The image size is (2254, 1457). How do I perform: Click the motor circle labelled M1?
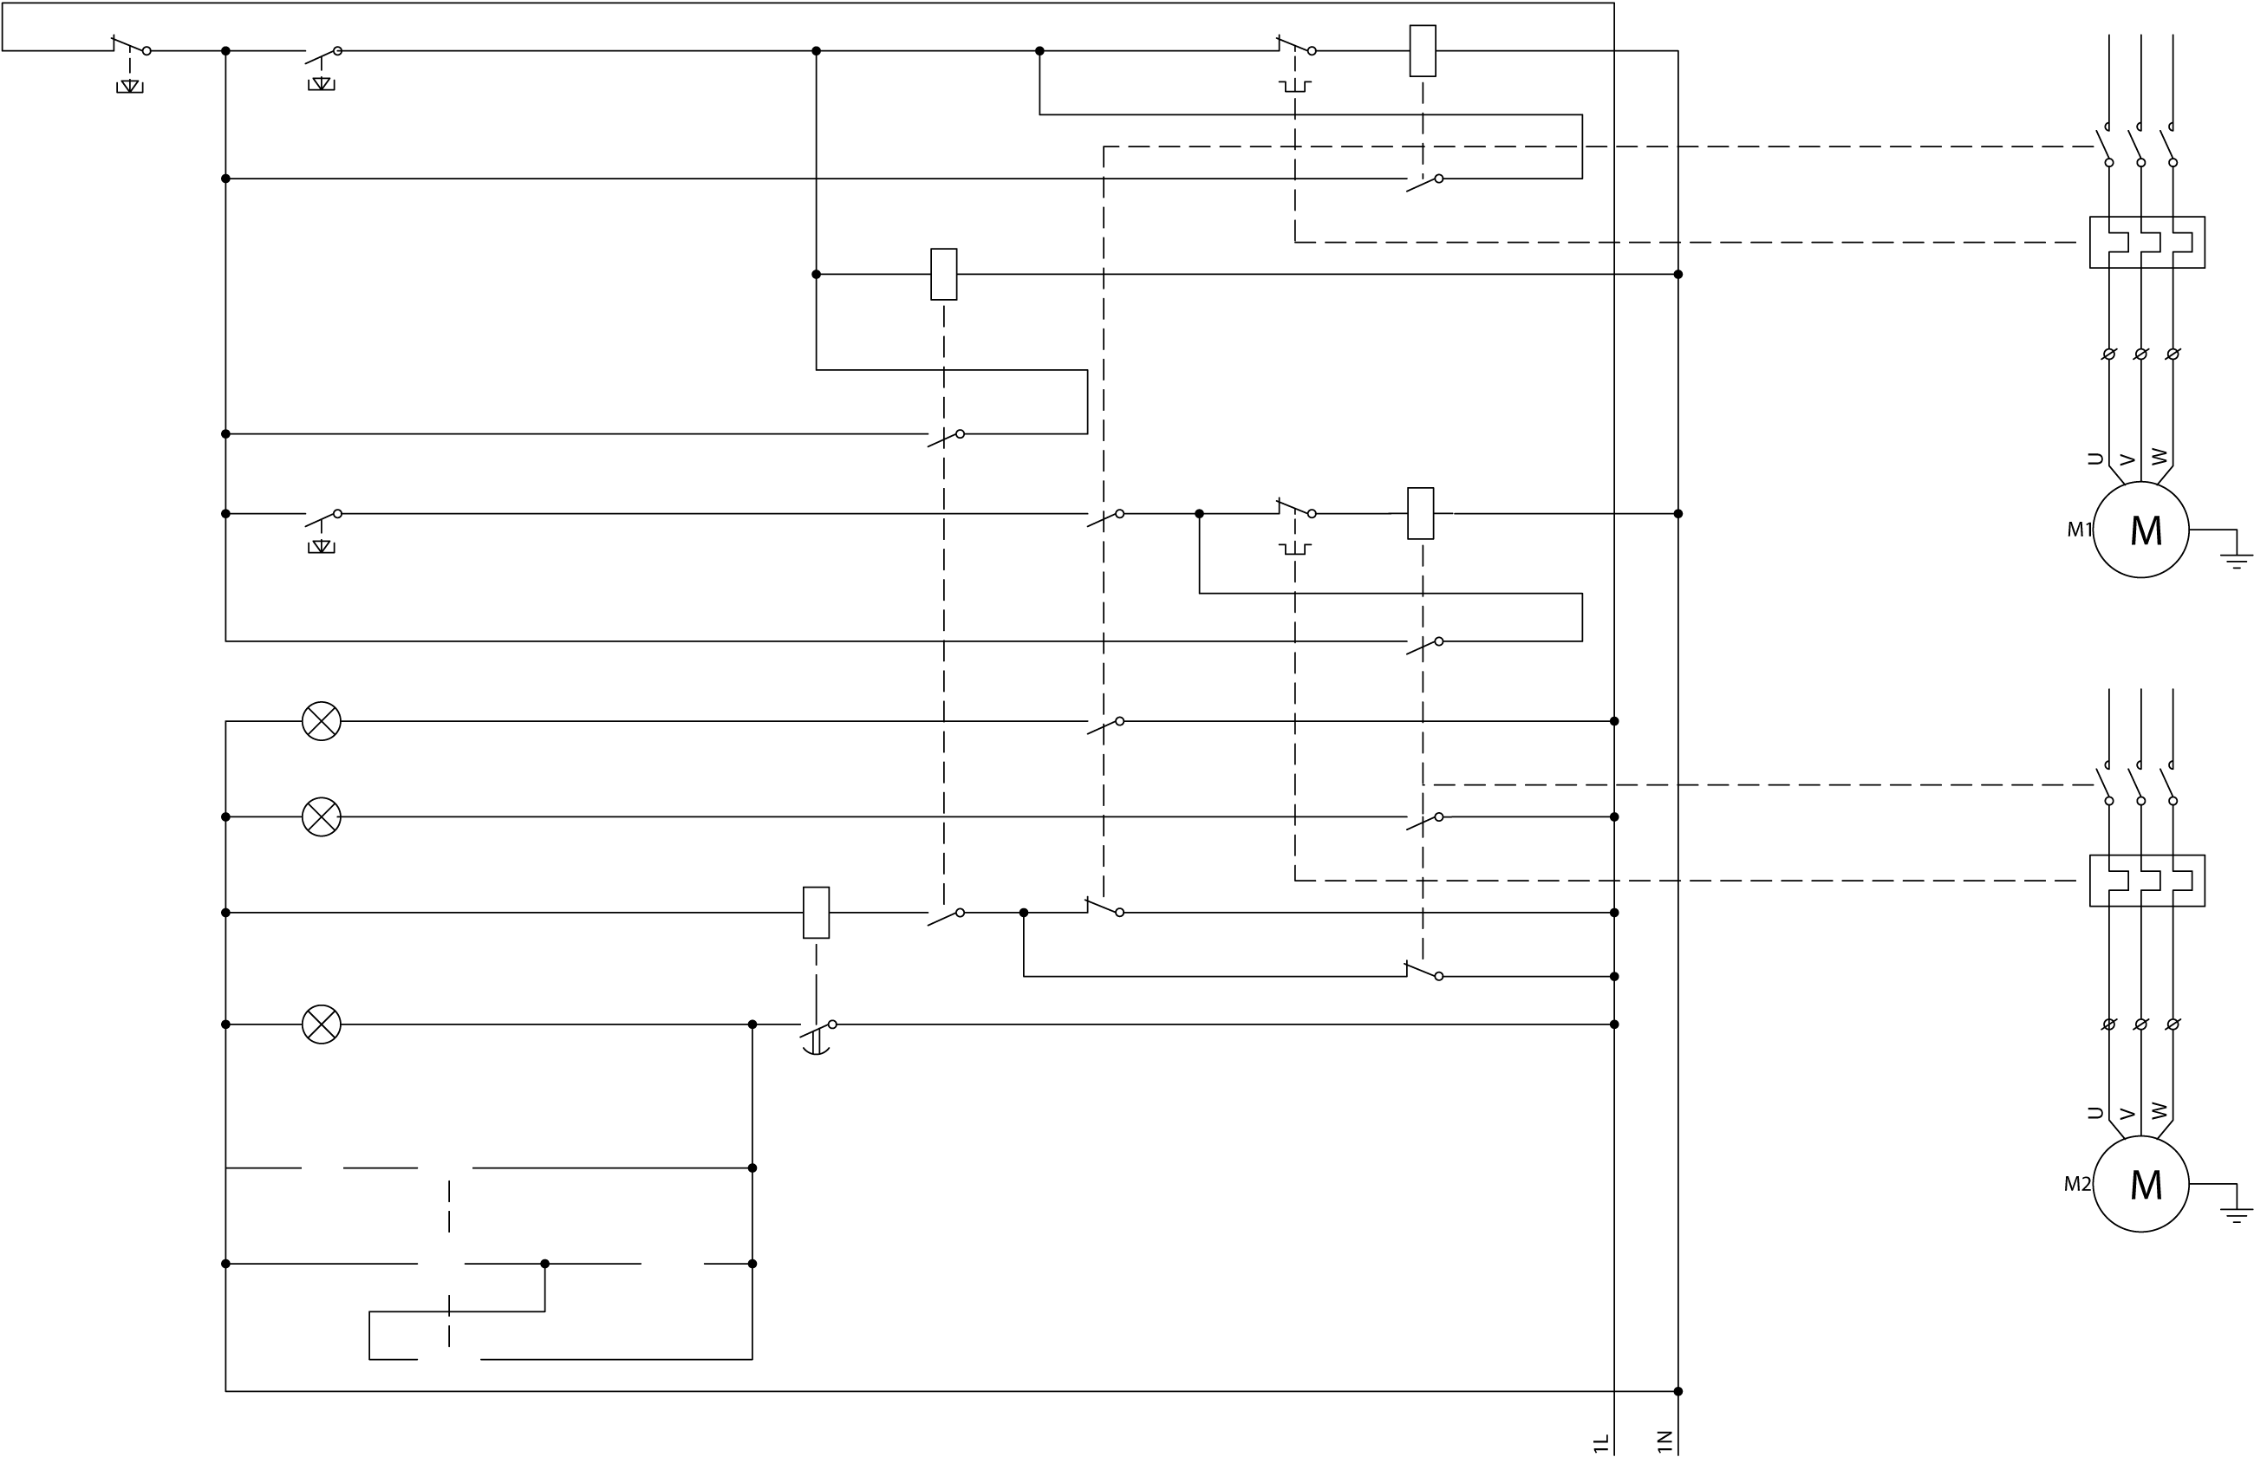(2140, 530)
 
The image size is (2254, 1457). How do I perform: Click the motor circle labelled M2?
(2140, 1184)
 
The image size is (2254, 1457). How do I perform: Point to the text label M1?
(2079, 530)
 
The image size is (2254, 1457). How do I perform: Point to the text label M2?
(2077, 1184)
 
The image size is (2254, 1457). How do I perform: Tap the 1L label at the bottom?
(1600, 1443)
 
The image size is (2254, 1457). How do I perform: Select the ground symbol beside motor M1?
(2237, 559)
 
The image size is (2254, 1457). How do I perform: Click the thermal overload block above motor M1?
(2147, 242)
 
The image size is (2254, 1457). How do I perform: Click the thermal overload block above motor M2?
(2147, 881)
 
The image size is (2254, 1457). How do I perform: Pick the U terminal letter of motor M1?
(2095, 459)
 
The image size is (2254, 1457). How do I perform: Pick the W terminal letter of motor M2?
(2160, 1110)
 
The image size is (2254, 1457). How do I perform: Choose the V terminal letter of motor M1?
(2127, 459)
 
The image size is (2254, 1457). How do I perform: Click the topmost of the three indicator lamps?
(321, 721)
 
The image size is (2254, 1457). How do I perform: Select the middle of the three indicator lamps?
(321, 816)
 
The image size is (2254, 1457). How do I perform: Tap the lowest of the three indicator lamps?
(321, 1024)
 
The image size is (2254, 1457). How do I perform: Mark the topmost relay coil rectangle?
(1423, 51)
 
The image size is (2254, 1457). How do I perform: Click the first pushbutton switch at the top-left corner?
(131, 49)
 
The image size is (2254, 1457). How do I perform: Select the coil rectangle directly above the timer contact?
(816, 912)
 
